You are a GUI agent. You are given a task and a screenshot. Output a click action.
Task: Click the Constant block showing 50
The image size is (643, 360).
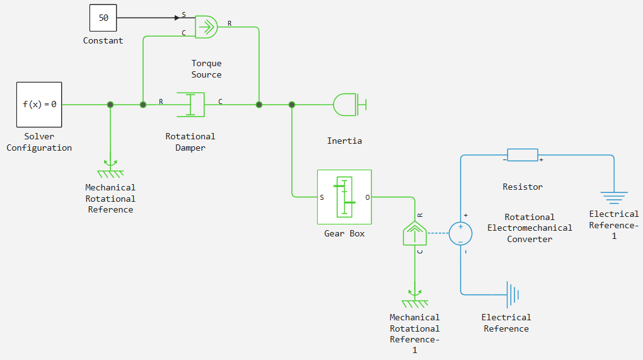point(103,18)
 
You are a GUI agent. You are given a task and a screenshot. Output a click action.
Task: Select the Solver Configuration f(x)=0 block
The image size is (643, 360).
point(39,105)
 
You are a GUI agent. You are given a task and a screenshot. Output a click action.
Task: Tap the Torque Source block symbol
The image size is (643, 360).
point(206,27)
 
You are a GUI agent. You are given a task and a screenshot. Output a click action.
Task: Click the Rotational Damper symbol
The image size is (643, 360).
point(190,105)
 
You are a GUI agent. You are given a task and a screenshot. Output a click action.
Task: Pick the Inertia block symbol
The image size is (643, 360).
point(349,105)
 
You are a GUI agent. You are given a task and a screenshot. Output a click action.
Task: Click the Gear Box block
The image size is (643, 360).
point(344,197)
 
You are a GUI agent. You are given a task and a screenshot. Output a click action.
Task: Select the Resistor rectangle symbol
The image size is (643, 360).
point(523,155)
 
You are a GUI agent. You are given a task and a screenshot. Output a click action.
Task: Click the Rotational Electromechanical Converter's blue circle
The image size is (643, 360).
point(461,234)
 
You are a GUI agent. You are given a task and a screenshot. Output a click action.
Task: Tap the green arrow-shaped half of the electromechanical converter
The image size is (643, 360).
point(415,234)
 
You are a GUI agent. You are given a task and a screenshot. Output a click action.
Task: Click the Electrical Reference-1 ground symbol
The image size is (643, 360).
point(614,197)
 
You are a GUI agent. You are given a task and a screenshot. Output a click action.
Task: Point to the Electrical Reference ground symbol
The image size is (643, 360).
point(513,294)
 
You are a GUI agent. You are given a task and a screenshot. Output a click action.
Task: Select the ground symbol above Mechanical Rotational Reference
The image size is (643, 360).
point(110,169)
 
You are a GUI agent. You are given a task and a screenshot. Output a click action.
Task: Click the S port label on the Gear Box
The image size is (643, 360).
point(322,197)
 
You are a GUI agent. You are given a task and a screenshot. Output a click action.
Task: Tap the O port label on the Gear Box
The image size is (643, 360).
point(368,197)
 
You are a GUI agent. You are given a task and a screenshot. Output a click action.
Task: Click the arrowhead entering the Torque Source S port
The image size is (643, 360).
point(177,18)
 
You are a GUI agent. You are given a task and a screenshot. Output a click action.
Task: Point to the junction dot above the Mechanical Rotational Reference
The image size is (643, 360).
point(110,105)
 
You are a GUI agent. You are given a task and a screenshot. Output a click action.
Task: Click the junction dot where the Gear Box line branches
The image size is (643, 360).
point(292,105)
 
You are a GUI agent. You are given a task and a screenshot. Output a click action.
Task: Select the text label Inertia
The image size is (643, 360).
point(344,141)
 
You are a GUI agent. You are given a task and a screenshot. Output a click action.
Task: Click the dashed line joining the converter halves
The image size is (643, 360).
point(438,233)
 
